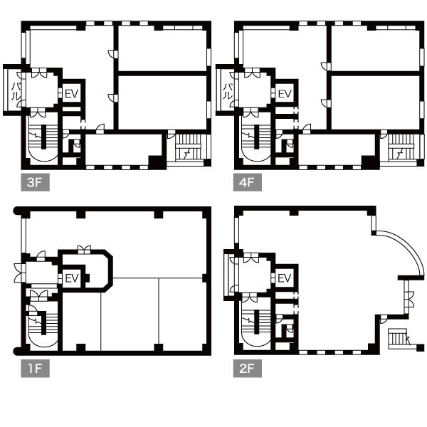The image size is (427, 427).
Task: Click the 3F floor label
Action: point(35,182)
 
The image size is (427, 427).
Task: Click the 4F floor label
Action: point(248,182)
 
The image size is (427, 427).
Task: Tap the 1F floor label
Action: point(35,369)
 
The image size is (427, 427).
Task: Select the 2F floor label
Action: point(248,369)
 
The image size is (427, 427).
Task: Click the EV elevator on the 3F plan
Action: point(72,94)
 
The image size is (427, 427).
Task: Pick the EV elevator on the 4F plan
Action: point(285,94)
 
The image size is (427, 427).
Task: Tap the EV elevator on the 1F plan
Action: point(72,278)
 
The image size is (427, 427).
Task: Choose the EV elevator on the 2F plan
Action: point(285,278)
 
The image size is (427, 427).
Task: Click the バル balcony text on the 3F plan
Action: point(16,92)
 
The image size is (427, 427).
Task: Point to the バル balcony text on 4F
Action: point(228,92)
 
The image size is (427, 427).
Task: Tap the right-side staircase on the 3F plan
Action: point(188,149)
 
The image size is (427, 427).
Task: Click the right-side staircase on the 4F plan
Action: point(401,149)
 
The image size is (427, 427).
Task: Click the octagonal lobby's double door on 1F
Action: point(84,249)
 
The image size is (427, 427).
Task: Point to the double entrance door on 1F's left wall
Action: point(19,273)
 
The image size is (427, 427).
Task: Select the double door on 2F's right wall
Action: point(409,299)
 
